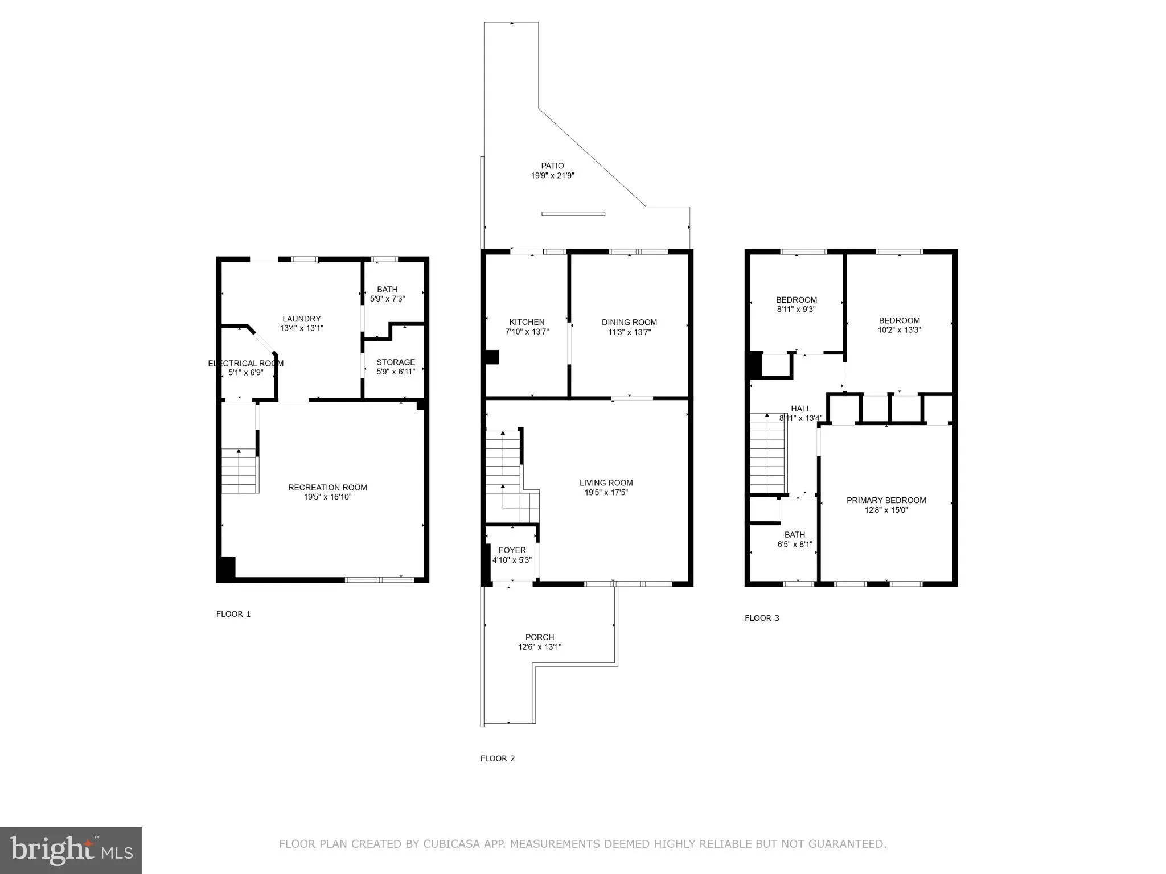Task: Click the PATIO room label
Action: [x=552, y=166]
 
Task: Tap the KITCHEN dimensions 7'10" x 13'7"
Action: [x=527, y=332]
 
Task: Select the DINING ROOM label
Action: [x=629, y=323]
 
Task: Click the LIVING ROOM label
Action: [x=606, y=483]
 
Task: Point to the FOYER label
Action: [x=512, y=550]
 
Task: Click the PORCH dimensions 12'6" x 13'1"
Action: [x=539, y=647]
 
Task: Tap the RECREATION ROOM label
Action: [x=327, y=488]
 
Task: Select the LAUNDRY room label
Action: [x=301, y=319]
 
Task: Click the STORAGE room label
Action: [x=395, y=362]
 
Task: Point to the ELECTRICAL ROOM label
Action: [x=245, y=364]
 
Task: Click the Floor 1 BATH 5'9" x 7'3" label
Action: [x=387, y=294]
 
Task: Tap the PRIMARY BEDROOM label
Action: [x=886, y=501]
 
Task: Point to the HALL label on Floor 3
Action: [x=800, y=409]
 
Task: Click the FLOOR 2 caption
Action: [x=497, y=758]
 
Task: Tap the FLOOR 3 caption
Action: [x=762, y=618]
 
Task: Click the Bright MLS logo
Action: [x=71, y=850]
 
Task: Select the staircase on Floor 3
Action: [x=767, y=453]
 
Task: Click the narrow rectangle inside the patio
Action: [x=573, y=214]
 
